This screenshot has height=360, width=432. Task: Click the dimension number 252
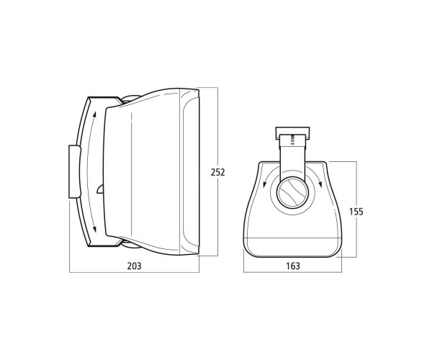pos(218,172)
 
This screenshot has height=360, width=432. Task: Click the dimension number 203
pos(134,266)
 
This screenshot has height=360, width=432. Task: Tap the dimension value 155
pos(356,212)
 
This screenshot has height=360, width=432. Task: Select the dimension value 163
pos(292,266)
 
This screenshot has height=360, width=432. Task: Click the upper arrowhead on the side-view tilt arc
pos(95,114)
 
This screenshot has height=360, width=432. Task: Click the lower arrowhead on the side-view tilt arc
pos(95,228)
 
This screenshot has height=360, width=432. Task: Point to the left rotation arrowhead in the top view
pos(264,184)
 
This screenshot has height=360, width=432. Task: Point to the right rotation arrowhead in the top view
pos(320,184)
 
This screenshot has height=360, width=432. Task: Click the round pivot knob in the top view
pos(292,192)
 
